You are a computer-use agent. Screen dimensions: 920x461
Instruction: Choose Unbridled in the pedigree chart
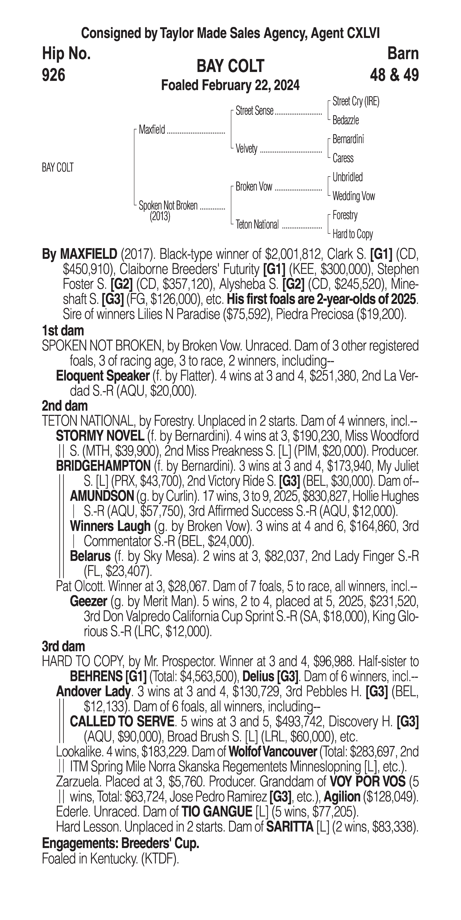pyautogui.click(x=347, y=177)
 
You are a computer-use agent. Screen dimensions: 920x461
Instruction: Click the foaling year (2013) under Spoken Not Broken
pyautogui.click(x=160, y=216)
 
